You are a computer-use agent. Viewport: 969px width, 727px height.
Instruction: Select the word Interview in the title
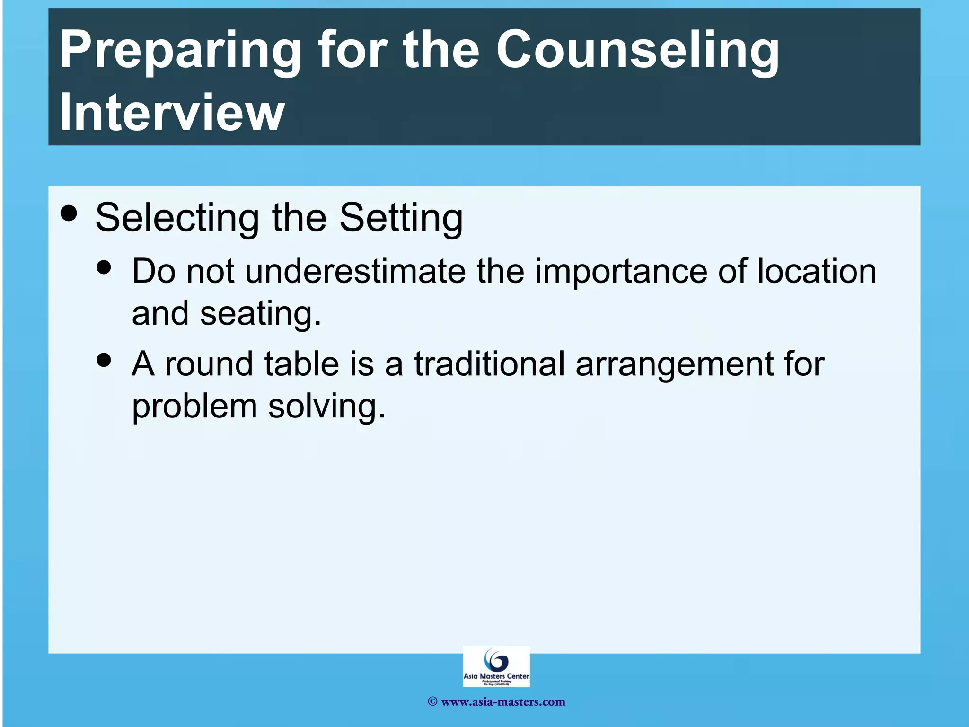172,113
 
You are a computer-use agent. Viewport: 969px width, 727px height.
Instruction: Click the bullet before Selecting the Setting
69,213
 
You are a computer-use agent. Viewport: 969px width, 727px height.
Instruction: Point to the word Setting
401,218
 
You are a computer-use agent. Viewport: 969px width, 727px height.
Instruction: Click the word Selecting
177,218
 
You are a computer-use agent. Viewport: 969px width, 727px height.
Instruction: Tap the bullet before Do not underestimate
104,267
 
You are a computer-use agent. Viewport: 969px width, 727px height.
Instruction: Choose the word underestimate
355,271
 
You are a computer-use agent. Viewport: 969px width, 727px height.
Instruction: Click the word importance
621,271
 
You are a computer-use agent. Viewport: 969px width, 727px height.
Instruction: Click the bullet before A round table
104,360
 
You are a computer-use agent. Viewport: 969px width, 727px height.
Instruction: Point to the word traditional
489,364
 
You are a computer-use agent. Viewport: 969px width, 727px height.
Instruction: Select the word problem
194,407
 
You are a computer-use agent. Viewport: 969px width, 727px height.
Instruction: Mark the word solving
326,407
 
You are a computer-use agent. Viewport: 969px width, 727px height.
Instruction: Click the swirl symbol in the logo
496,659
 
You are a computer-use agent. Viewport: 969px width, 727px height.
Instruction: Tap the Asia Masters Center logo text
496,676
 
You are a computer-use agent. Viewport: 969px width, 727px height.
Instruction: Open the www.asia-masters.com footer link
502,702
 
